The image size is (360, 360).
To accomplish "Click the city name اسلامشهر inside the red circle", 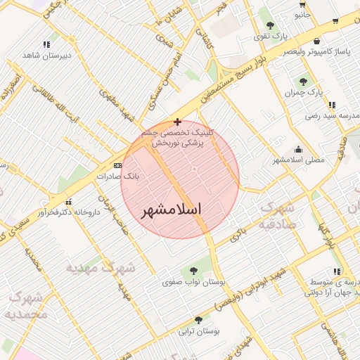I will tap(172, 210).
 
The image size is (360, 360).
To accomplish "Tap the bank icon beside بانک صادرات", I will tap(117, 165).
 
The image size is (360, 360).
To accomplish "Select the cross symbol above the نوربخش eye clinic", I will tap(177, 122).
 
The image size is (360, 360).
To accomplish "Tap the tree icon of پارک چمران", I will tap(304, 82).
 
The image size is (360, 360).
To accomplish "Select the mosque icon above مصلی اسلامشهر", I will tap(300, 149).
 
